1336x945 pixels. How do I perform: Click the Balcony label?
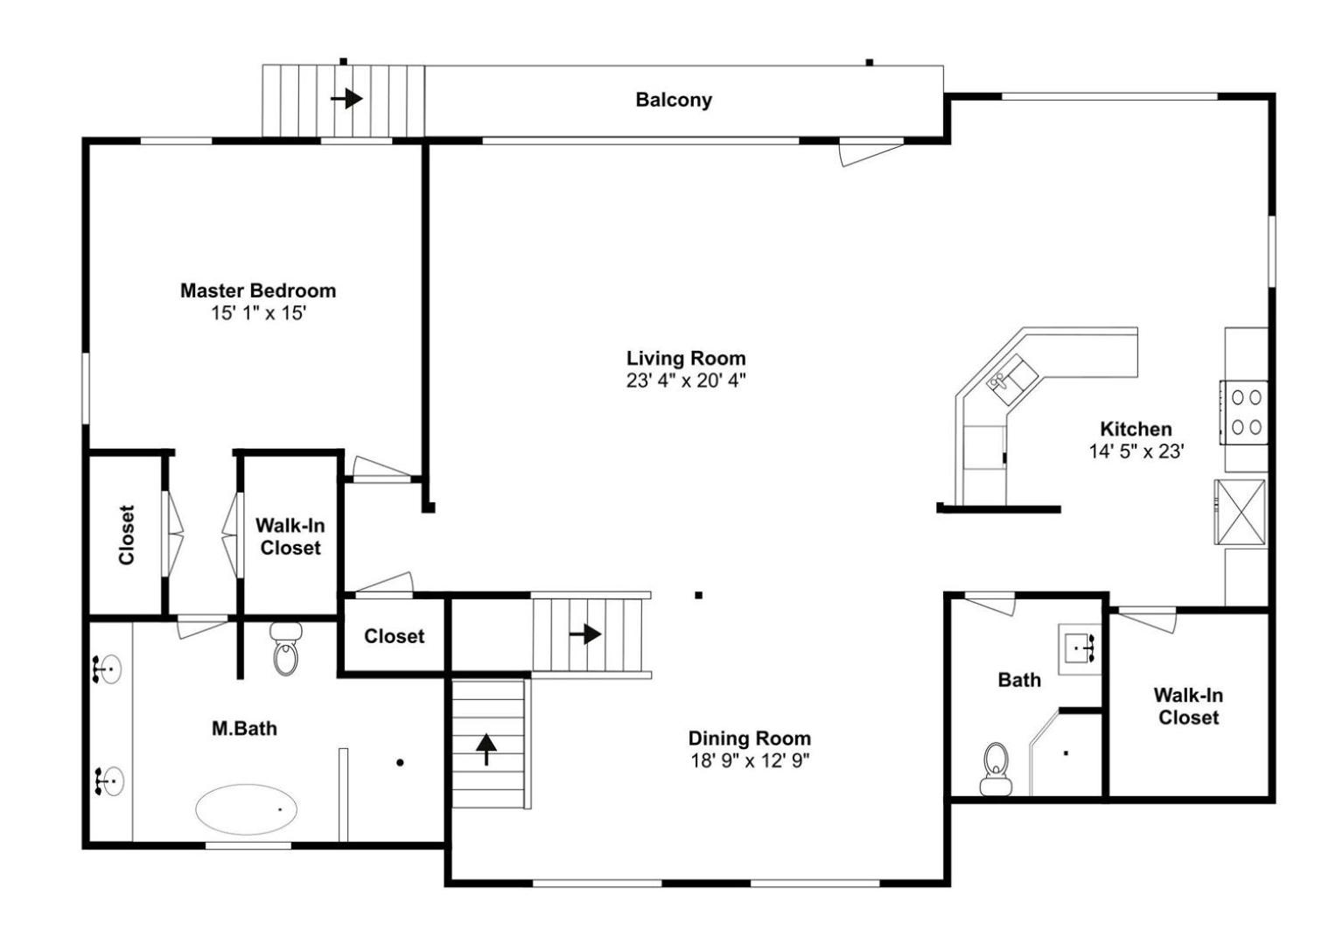coord(674,100)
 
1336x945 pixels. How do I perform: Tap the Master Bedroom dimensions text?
coord(258,312)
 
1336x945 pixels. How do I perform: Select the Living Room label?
coord(686,358)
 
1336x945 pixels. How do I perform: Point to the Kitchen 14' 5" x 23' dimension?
coord(1137,451)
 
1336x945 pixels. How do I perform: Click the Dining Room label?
coord(750,738)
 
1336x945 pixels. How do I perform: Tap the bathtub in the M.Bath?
coord(247,809)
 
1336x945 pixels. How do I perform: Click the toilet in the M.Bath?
coord(286,648)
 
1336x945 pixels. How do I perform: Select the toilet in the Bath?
coord(996,769)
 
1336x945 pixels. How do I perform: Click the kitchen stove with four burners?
coord(1243,412)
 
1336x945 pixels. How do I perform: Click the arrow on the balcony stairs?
coord(346,98)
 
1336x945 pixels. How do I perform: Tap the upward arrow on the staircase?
coord(486,749)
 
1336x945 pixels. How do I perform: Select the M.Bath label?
coord(244,728)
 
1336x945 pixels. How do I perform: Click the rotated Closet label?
coord(127,535)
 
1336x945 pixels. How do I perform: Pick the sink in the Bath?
coord(1081,649)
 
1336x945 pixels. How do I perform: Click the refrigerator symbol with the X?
coord(1241,512)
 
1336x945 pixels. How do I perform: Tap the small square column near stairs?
coord(698,595)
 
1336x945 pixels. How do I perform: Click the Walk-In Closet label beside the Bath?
coord(1188,706)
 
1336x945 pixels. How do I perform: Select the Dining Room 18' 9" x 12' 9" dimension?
coord(750,760)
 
